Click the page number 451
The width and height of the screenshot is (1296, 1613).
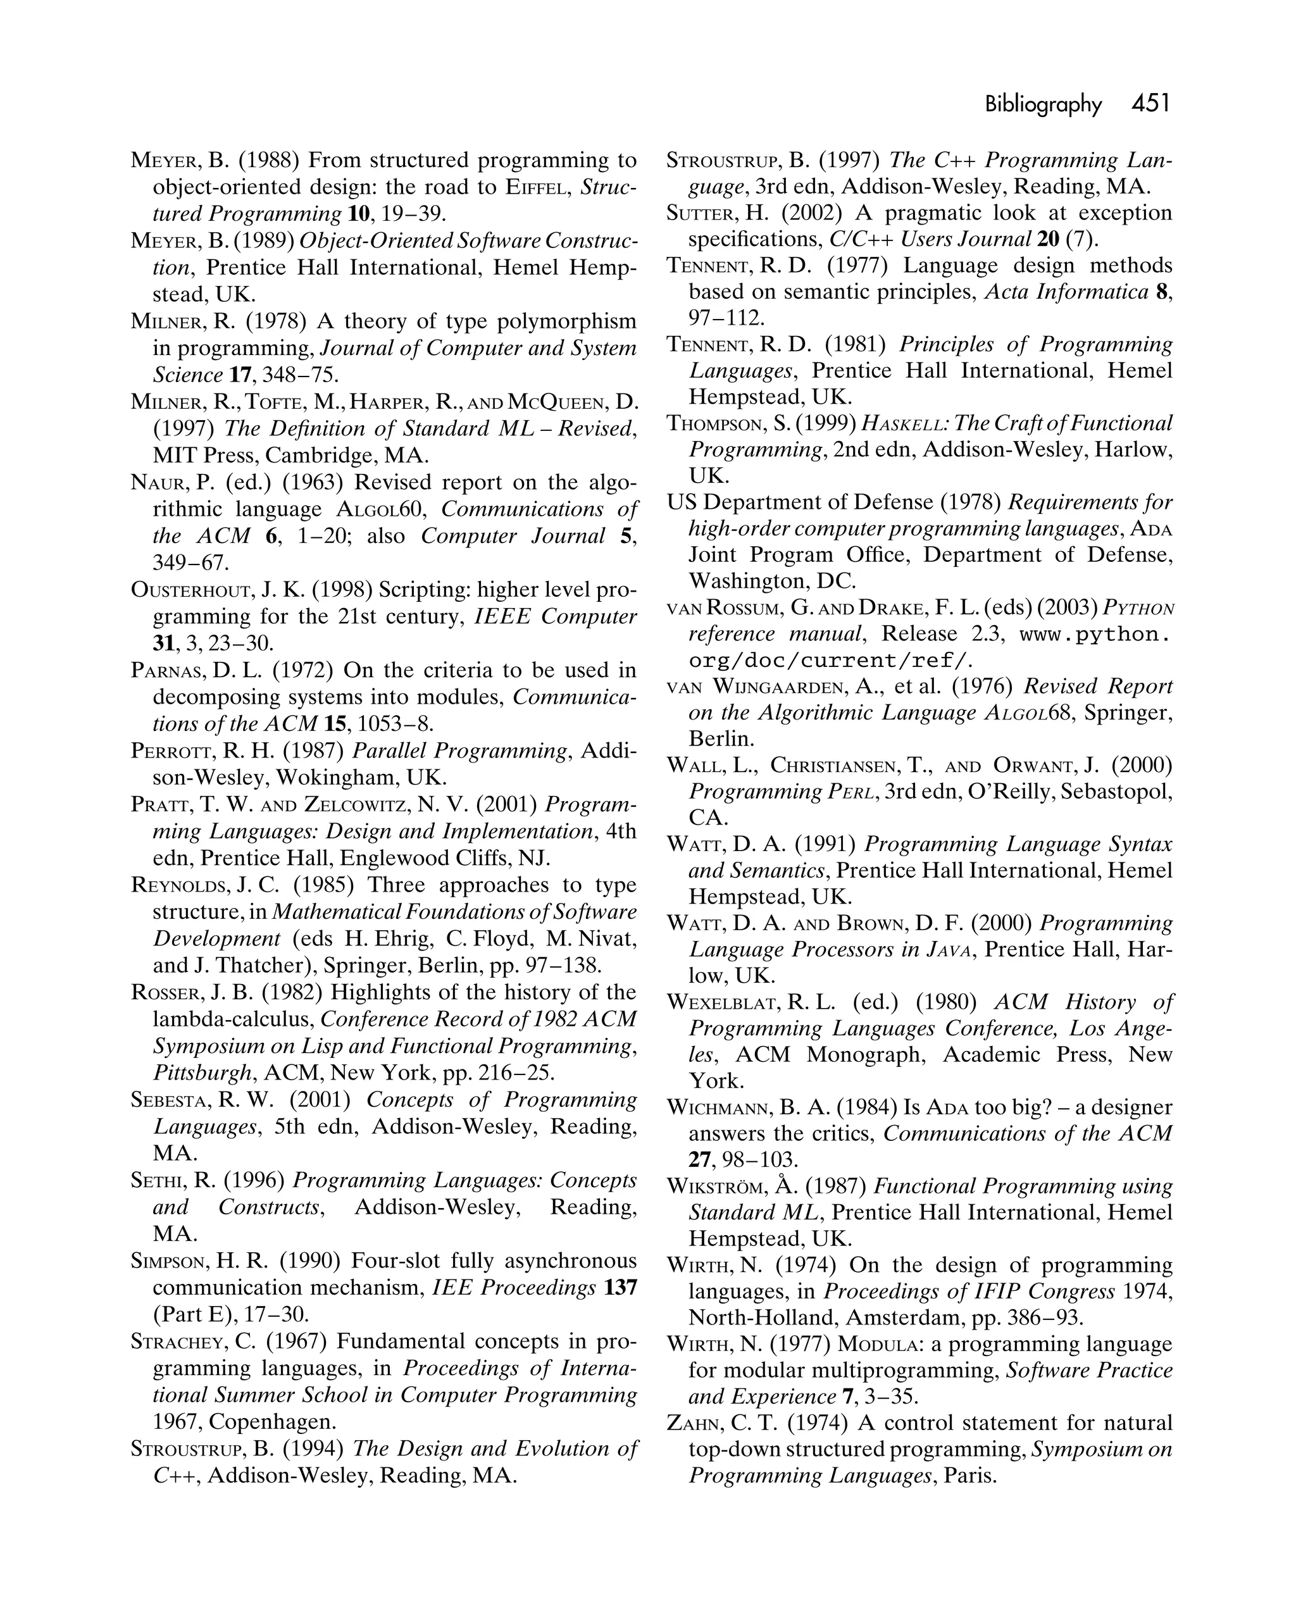click(x=1150, y=103)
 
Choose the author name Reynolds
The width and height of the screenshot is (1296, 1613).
click(x=178, y=885)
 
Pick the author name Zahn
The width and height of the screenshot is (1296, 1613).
click(x=690, y=1423)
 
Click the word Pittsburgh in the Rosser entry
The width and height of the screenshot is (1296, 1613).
click(x=202, y=1073)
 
